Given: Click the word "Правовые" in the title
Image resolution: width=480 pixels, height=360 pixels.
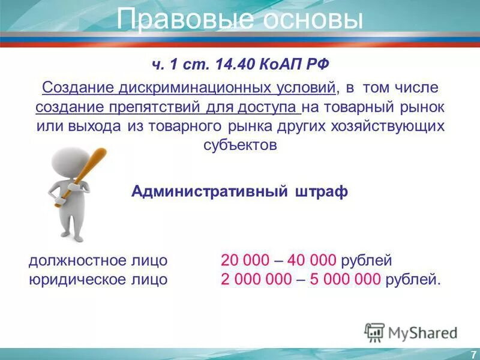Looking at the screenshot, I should pos(176,20).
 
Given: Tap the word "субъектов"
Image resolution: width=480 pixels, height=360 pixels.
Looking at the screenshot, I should pos(239,146).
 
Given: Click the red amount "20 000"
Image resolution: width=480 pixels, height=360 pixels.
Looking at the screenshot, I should pos(243,260).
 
